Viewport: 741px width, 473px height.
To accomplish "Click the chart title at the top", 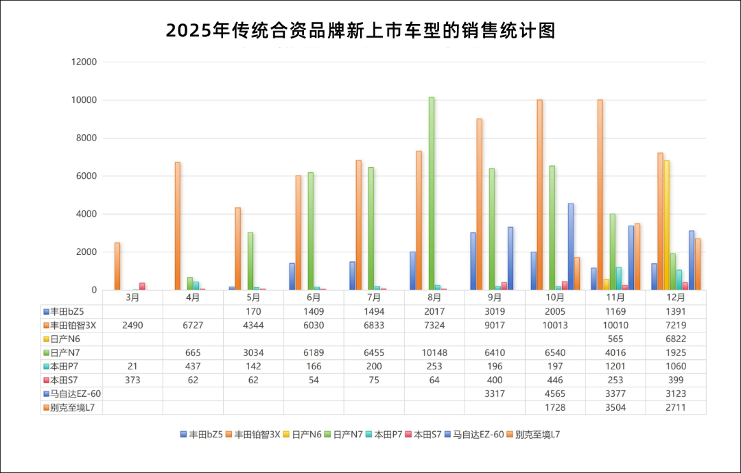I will coord(360,31).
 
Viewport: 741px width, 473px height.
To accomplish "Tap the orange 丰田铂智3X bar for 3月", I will coord(117,266).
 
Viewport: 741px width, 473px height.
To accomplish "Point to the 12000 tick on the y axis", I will coord(86,62).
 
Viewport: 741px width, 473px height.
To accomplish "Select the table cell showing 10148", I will coord(435,352).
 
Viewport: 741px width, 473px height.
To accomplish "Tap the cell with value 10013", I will coord(555,325).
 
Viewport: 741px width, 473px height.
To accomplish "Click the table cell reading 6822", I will coord(676,339).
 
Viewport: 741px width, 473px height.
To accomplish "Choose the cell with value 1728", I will coord(555,407).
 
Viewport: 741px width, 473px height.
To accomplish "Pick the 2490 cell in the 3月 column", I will coord(132,325).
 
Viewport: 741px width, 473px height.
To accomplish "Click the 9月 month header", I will coord(495,298).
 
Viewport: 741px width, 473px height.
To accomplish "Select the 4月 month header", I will coord(193,298).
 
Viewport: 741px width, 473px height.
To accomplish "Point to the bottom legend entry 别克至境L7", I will coord(538,435).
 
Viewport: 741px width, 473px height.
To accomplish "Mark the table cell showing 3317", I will coord(495,393).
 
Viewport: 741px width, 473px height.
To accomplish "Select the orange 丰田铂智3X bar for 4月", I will coord(178,226).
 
